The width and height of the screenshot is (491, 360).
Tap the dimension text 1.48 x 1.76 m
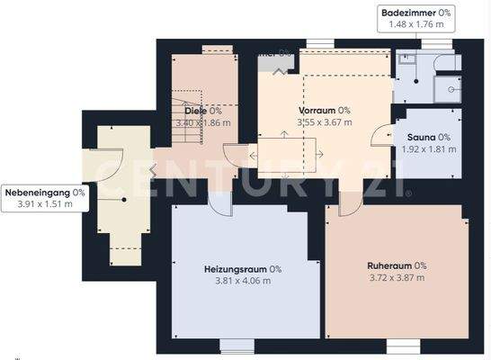(x=417, y=25)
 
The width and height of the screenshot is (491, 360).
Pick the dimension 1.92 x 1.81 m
(x=428, y=148)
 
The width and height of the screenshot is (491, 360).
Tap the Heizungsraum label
(x=237, y=269)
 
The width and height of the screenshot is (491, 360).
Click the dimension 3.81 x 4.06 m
(x=243, y=282)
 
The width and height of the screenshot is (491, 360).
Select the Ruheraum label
(x=390, y=265)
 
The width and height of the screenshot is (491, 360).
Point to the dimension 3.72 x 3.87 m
(x=397, y=278)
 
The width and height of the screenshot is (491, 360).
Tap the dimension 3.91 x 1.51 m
(x=45, y=205)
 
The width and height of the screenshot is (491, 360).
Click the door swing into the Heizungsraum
(x=219, y=202)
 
